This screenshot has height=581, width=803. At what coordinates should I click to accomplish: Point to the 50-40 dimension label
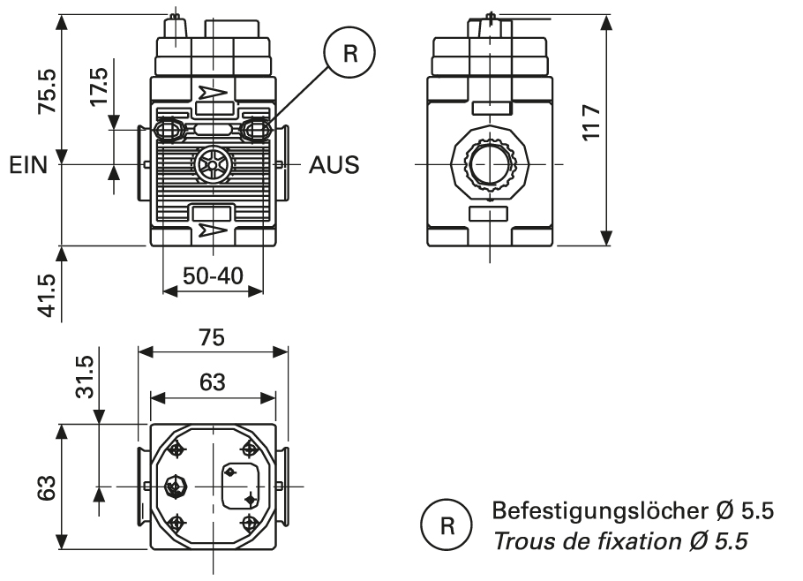pos(214,274)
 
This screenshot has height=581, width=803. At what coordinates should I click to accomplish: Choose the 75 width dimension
pos(212,338)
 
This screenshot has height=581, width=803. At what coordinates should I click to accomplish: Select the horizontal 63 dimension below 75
pos(212,382)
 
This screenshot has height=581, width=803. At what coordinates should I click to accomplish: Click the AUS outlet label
pos(334,165)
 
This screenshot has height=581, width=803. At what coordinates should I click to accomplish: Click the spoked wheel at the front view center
pos(213,164)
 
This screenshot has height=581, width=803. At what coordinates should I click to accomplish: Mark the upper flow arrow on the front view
pos(213,91)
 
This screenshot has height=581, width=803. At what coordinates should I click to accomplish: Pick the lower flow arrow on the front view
pos(213,231)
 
